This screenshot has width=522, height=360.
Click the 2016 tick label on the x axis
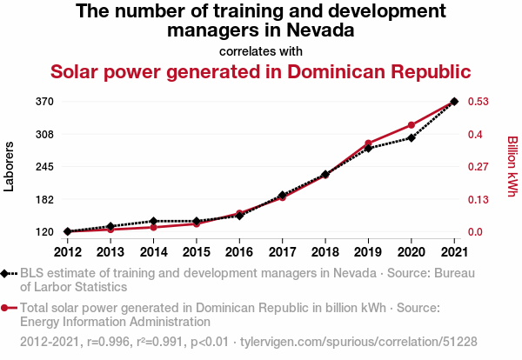pos(239,252)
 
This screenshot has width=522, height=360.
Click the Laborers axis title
pos(10,166)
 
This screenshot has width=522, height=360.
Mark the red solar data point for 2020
pos(412,125)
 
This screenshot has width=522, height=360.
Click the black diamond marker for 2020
pos(412,137)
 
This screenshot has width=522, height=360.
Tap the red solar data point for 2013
pos(110,230)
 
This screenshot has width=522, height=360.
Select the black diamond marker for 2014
pos(153,221)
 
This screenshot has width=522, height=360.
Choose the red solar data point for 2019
pos(368,143)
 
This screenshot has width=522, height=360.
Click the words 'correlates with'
pos(261,50)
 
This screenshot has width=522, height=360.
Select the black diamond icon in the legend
pos(6,274)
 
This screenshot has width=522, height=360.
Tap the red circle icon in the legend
pos(6,308)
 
